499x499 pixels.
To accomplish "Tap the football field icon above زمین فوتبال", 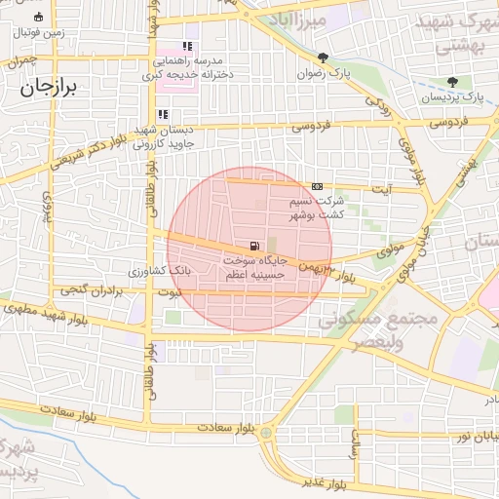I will coord(38,18).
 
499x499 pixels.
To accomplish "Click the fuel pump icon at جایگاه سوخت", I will coord(254,246).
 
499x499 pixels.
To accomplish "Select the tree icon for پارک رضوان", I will coord(324,58).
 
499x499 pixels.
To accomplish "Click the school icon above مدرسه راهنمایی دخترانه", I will coord(187,46).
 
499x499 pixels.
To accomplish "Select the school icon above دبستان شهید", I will coord(176,114).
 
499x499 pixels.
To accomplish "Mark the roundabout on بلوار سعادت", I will coord(266,432).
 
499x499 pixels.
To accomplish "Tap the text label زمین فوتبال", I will coord(39,32).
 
